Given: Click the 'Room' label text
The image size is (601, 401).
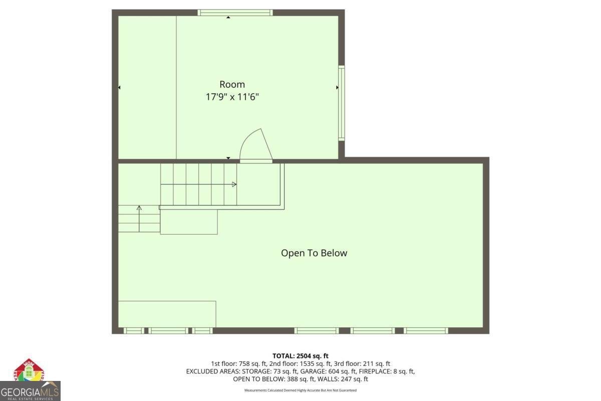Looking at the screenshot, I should pos(232,84).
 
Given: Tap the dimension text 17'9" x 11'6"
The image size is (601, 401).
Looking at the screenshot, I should pos(232,97).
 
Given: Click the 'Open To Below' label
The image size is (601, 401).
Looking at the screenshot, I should pos(314,253).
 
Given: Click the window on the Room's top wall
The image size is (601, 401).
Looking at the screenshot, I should pos(235,13).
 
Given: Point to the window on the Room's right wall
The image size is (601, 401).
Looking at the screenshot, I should pos(341,103).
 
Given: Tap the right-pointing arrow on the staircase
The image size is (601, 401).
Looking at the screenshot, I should pos(234,184).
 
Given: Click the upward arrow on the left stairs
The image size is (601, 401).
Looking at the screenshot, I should pos(139,208).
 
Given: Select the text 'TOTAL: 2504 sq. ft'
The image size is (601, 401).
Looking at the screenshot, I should pos(300,356).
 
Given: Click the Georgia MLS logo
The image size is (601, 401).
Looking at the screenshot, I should pos(30,381).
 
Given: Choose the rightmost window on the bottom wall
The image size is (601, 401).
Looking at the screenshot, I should pos(425,330).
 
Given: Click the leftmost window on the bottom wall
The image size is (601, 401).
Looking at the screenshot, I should pos(133,330).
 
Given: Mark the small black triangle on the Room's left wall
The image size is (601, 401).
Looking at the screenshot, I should pos(119,88).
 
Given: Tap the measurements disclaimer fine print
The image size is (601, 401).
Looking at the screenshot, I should pos(300,390).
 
